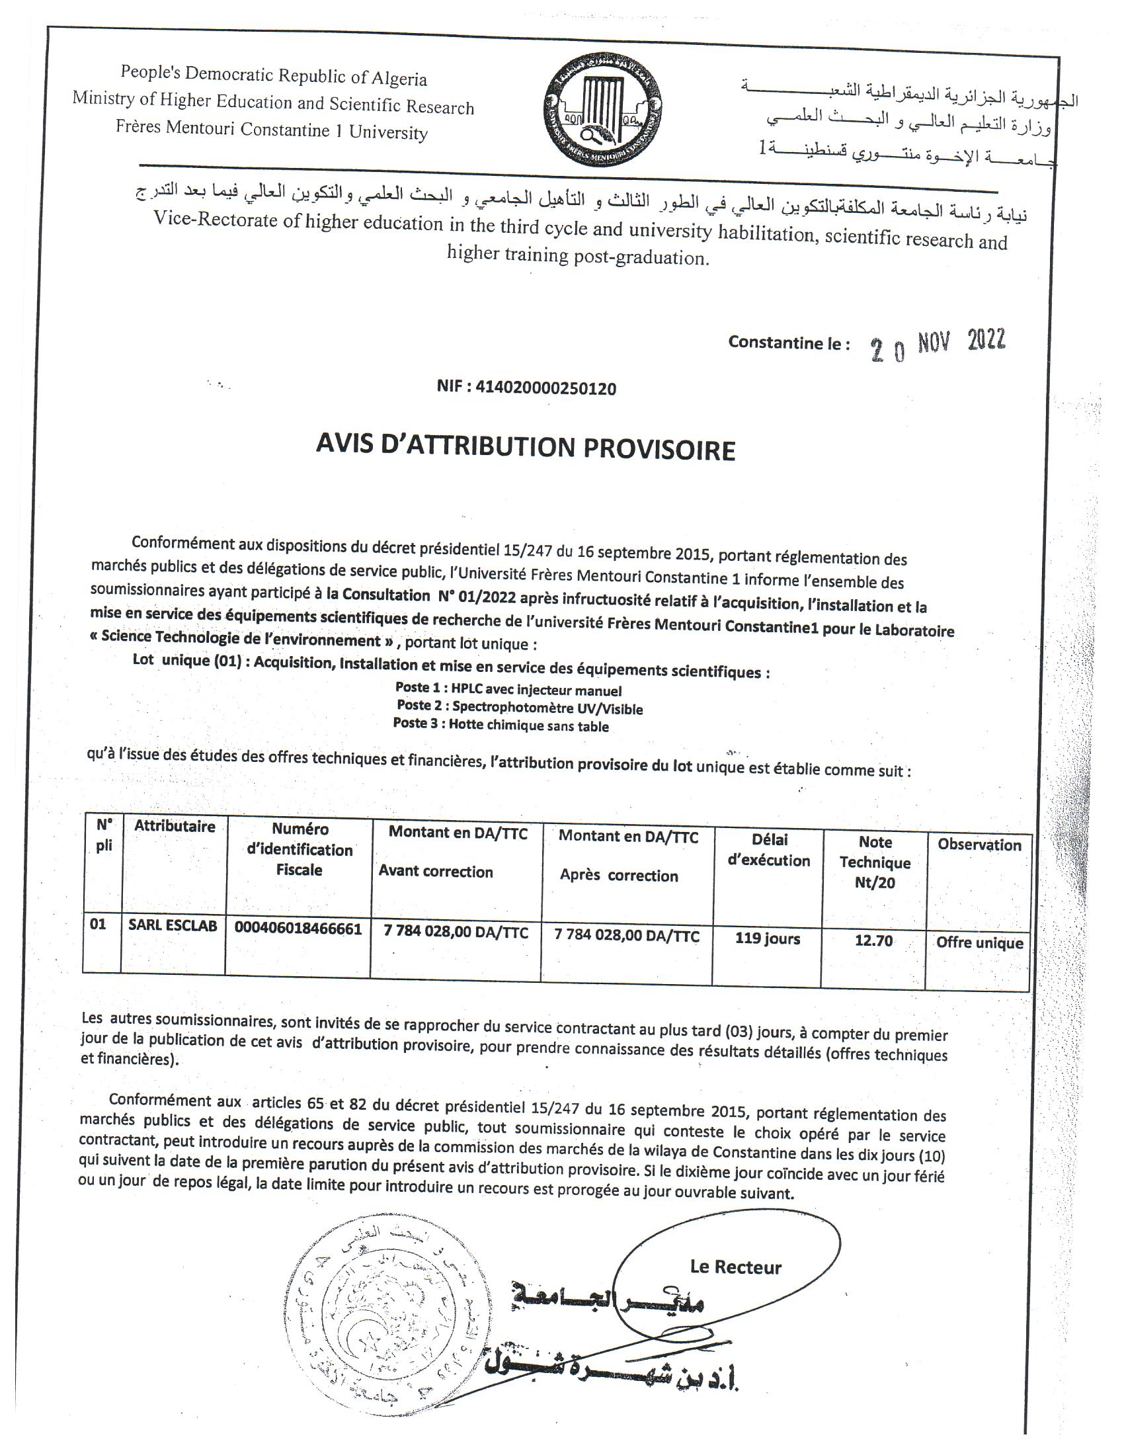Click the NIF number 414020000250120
coord(526,387)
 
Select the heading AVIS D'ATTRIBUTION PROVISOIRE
coord(526,448)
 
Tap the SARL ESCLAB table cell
coord(173,926)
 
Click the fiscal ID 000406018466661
coord(298,929)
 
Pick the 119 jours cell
coord(767,938)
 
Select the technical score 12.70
coord(873,940)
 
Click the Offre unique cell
coord(979,942)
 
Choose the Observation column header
coord(979,845)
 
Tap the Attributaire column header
coord(175,827)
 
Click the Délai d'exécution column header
coord(768,850)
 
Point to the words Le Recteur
coord(735,1267)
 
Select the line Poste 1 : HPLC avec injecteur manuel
coord(508,690)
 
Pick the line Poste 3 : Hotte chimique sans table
coord(501,725)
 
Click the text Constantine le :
coord(788,343)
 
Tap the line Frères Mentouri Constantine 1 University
coord(272,128)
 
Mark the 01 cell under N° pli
coord(98,925)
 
